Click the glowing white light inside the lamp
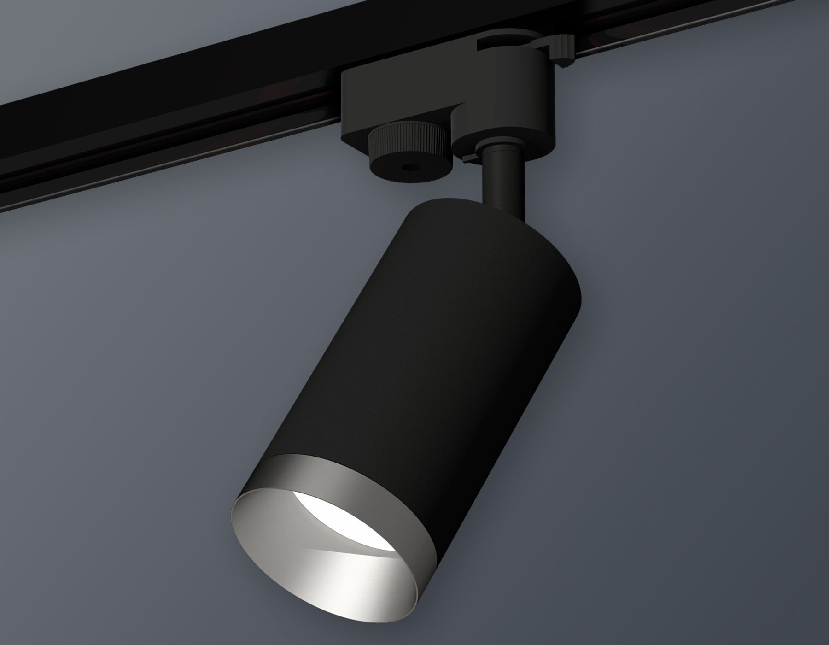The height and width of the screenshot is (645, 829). pos(322,502)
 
